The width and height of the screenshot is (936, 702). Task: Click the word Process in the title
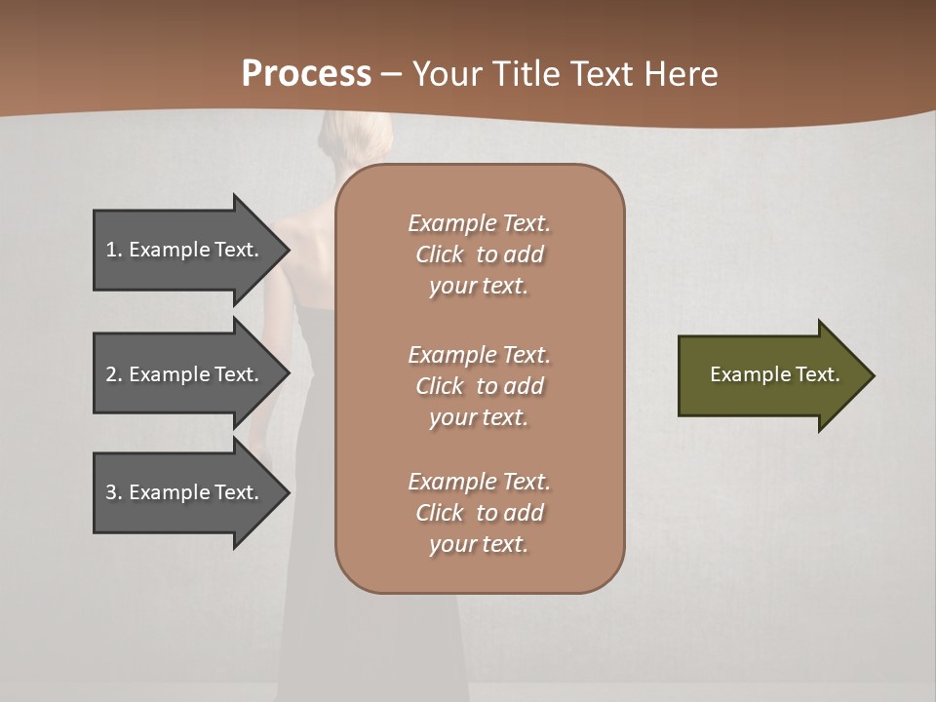pos(306,74)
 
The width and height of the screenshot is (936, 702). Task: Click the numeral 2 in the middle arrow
pos(111,374)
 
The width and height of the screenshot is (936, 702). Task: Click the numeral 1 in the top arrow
pos(111,250)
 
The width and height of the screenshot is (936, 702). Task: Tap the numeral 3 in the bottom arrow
pos(111,492)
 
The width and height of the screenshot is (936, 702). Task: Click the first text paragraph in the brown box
pos(479,254)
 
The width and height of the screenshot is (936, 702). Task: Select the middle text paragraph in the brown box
pos(479,385)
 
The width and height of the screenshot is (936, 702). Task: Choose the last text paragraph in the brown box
pos(479,513)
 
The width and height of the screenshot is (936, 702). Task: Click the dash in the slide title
pos(391,75)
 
